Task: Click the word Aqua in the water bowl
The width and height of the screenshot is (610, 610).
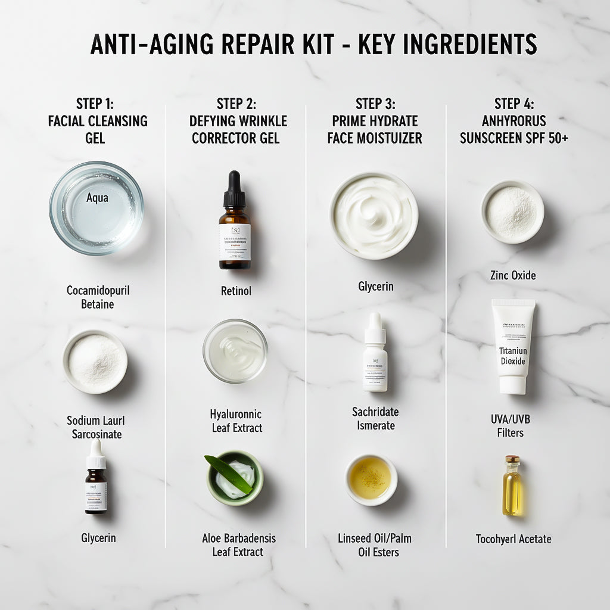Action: coord(97,197)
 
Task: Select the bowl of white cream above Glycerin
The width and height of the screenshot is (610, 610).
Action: coord(374,215)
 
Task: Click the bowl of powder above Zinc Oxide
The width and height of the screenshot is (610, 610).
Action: coord(512,211)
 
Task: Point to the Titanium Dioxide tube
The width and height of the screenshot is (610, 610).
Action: coord(513,346)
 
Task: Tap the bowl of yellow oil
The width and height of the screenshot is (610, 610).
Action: coord(371,480)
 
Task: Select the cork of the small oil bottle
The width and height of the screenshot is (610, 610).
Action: coord(512,460)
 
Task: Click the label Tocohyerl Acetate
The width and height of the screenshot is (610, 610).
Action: coord(513,539)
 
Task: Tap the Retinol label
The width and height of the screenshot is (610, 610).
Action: coord(235,291)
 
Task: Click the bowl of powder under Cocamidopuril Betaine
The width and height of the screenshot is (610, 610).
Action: coord(95,362)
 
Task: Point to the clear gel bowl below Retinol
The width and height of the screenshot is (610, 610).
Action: coord(235,350)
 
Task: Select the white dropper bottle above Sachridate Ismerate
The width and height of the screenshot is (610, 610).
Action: coord(375,353)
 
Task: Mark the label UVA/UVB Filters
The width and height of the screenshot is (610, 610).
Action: coord(511,426)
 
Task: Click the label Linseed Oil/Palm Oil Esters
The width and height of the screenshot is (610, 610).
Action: coord(374,545)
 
